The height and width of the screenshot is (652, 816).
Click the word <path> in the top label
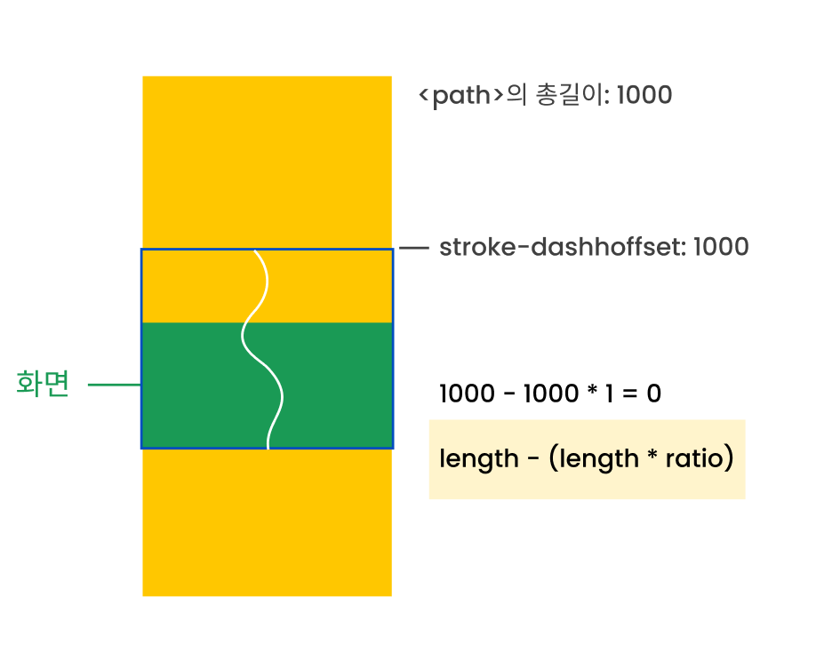(x=461, y=95)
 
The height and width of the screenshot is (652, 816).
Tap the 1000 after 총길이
(x=644, y=95)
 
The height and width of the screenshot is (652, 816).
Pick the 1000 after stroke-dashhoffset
(x=720, y=247)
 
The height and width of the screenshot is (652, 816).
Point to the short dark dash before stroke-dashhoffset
(x=414, y=248)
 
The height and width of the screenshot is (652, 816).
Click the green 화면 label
(x=43, y=385)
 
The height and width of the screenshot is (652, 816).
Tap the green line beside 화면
(x=115, y=385)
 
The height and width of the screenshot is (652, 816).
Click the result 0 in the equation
(x=653, y=394)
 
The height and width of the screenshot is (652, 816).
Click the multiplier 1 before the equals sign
(x=609, y=394)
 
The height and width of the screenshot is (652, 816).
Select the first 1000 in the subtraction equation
(x=466, y=394)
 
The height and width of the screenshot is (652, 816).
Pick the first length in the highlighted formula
(x=478, y=459)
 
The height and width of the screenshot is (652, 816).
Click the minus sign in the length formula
(x=530, y=460)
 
